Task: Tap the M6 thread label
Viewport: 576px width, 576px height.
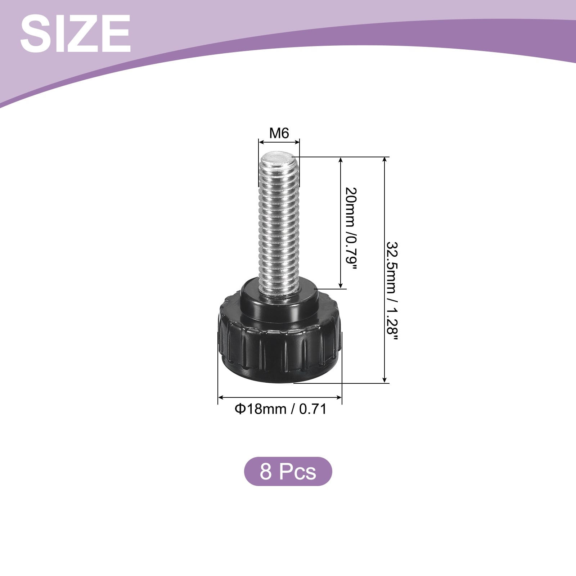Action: (x=279, y=133)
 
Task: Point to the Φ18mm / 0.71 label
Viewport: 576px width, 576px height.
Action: (x=280, y=409)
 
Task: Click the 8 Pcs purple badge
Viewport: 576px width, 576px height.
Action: (x=288, y=471)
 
